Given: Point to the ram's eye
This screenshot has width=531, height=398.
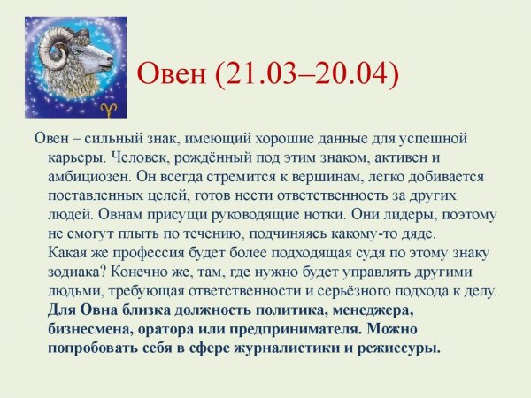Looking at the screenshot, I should point(92,55).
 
